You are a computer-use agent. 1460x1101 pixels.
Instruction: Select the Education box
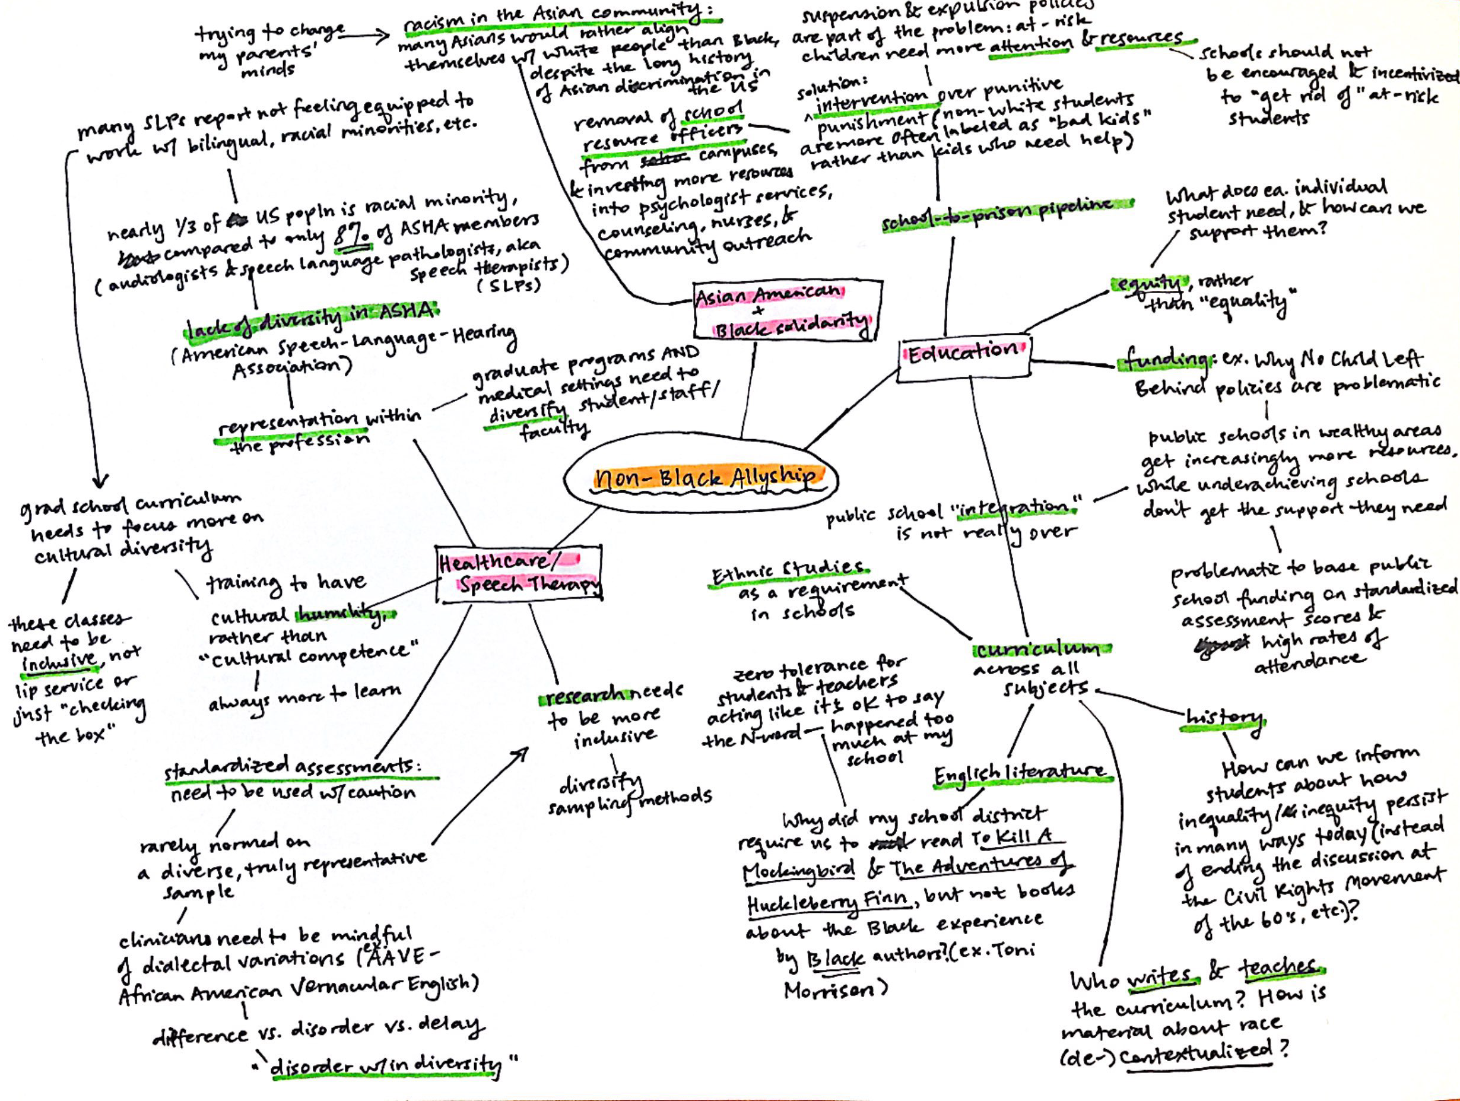point(964,357)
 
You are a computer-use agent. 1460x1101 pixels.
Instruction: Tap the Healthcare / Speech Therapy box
point(519,573)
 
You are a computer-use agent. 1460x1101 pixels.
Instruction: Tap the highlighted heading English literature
point(1020,773)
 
